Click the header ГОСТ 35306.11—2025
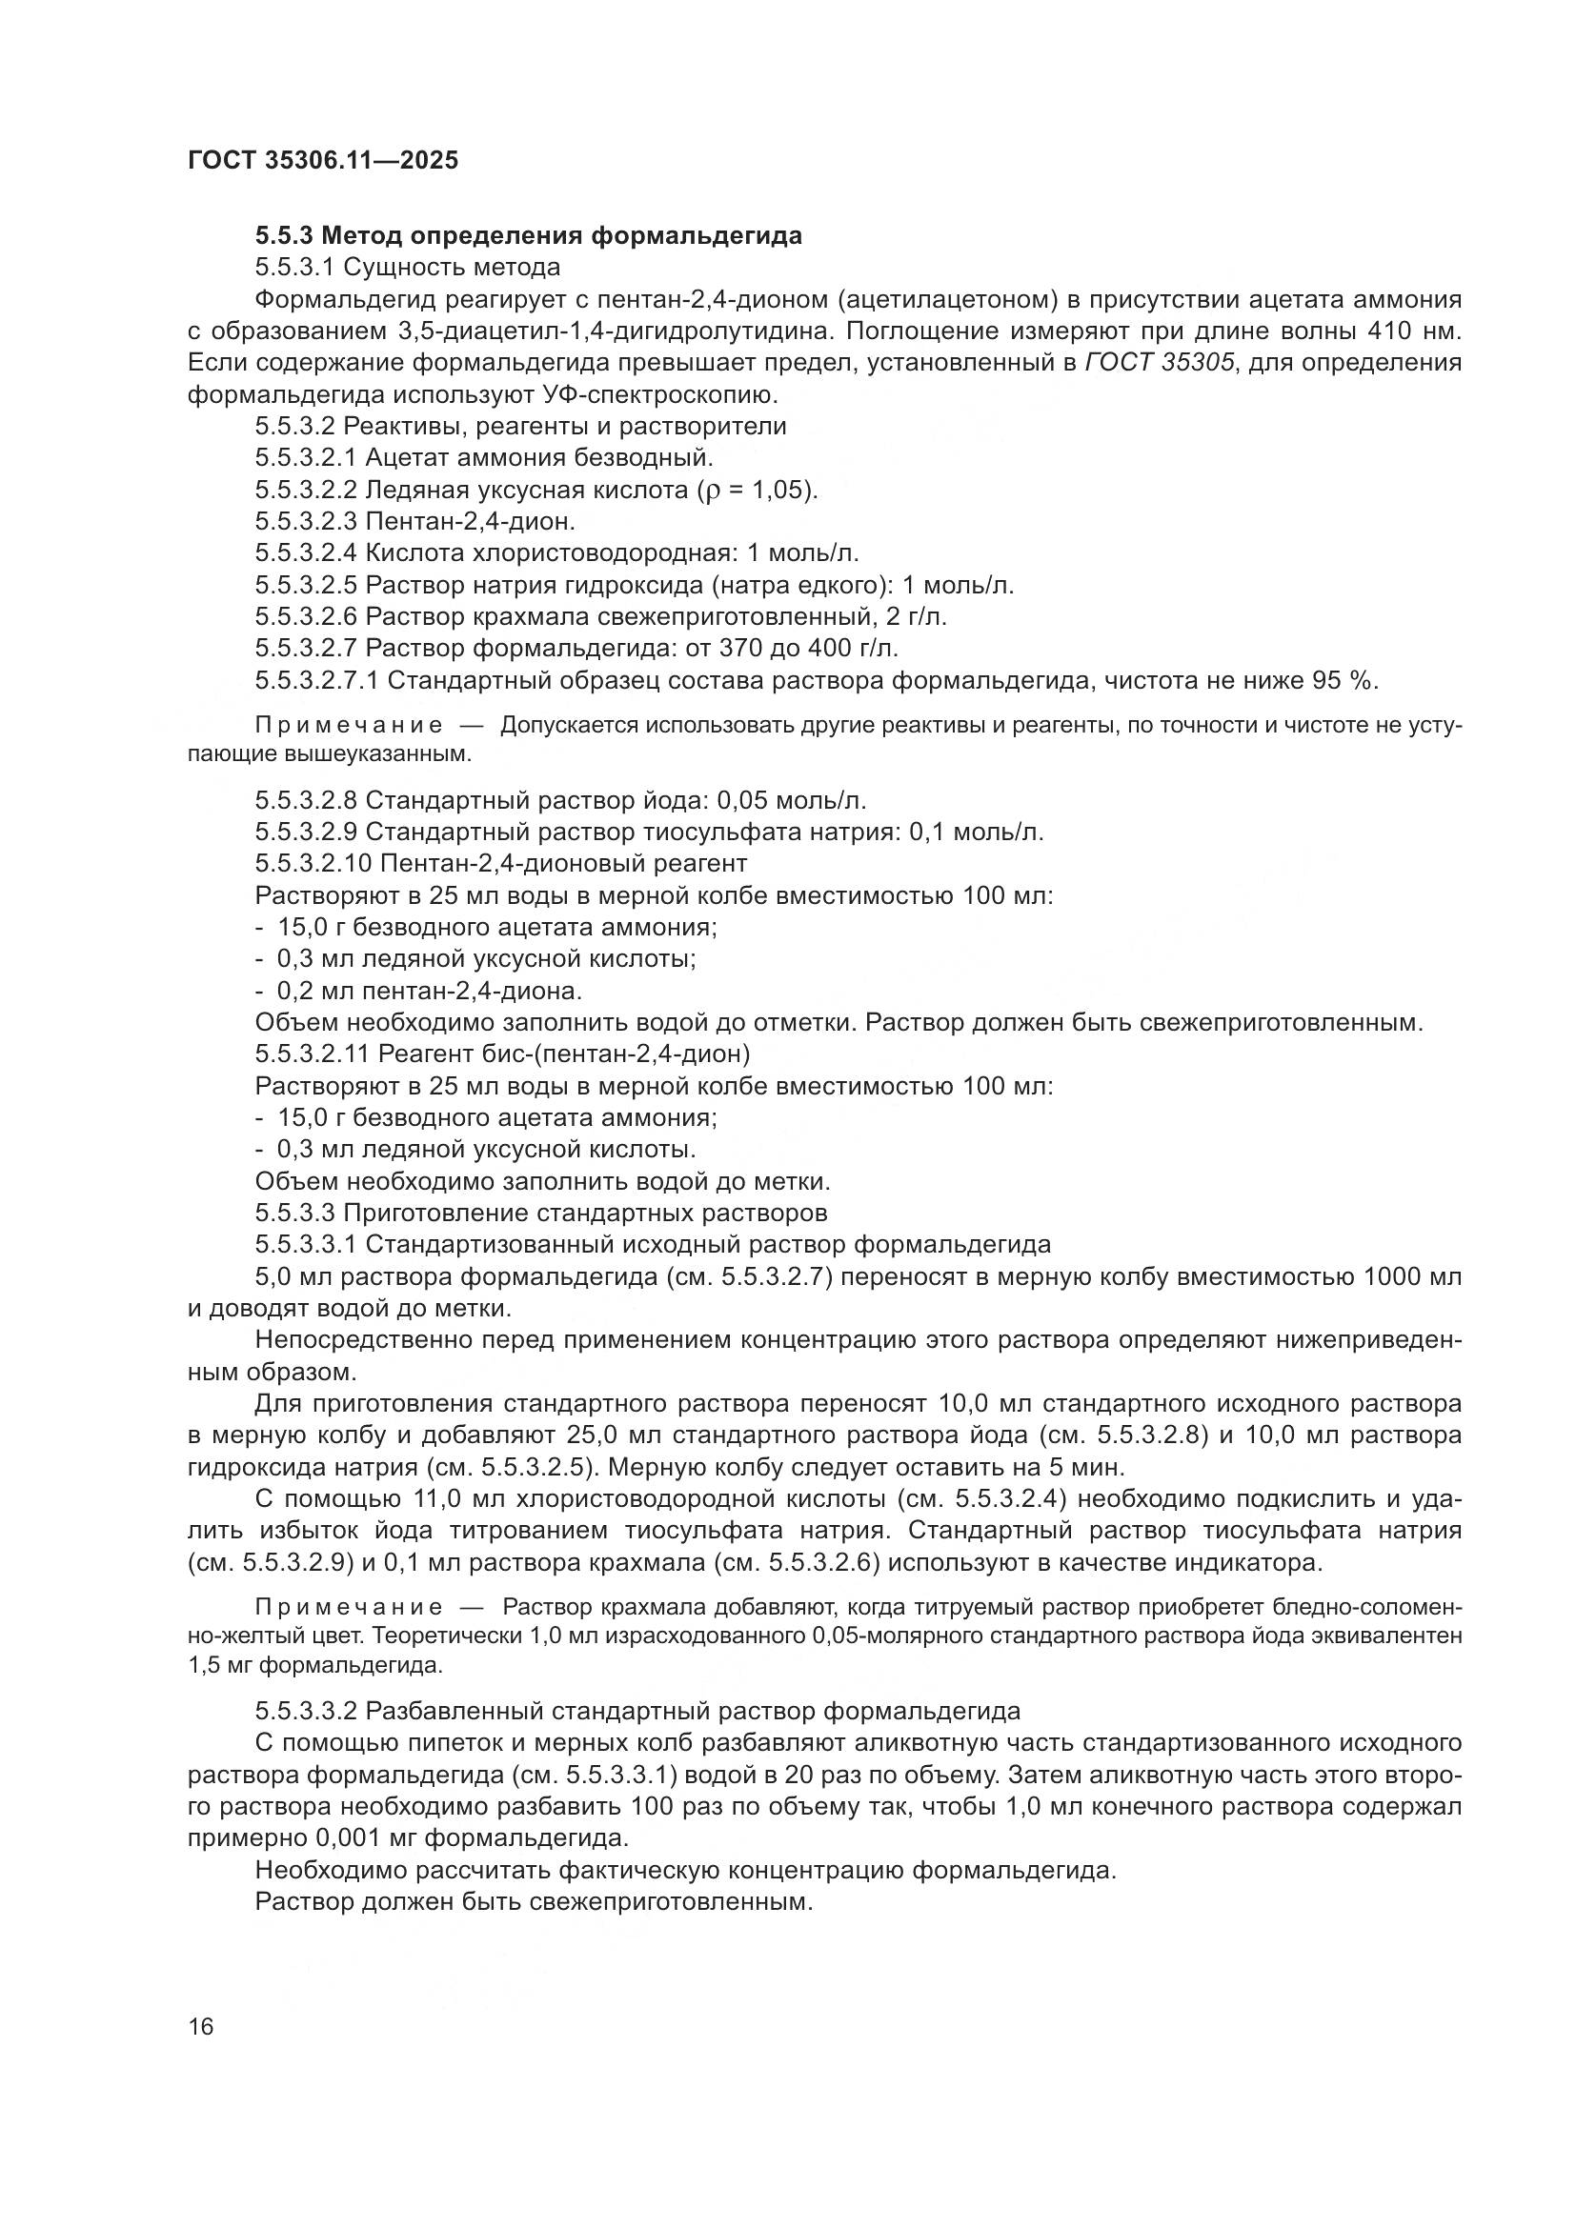[x=322, y=161]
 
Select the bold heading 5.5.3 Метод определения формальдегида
[x=529, y=236]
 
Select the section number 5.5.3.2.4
[x=307, y=553]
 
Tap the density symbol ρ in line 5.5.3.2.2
[x=704, y=491]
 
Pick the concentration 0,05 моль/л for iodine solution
[x=791, y=800]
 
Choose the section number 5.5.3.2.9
[x=307, y=832]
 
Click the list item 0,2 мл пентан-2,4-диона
[x=429, y=991]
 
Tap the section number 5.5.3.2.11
[x=313, y=1054]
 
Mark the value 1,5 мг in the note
[x=220, y=1667]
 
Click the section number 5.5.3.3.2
[x=307, y=1711]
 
